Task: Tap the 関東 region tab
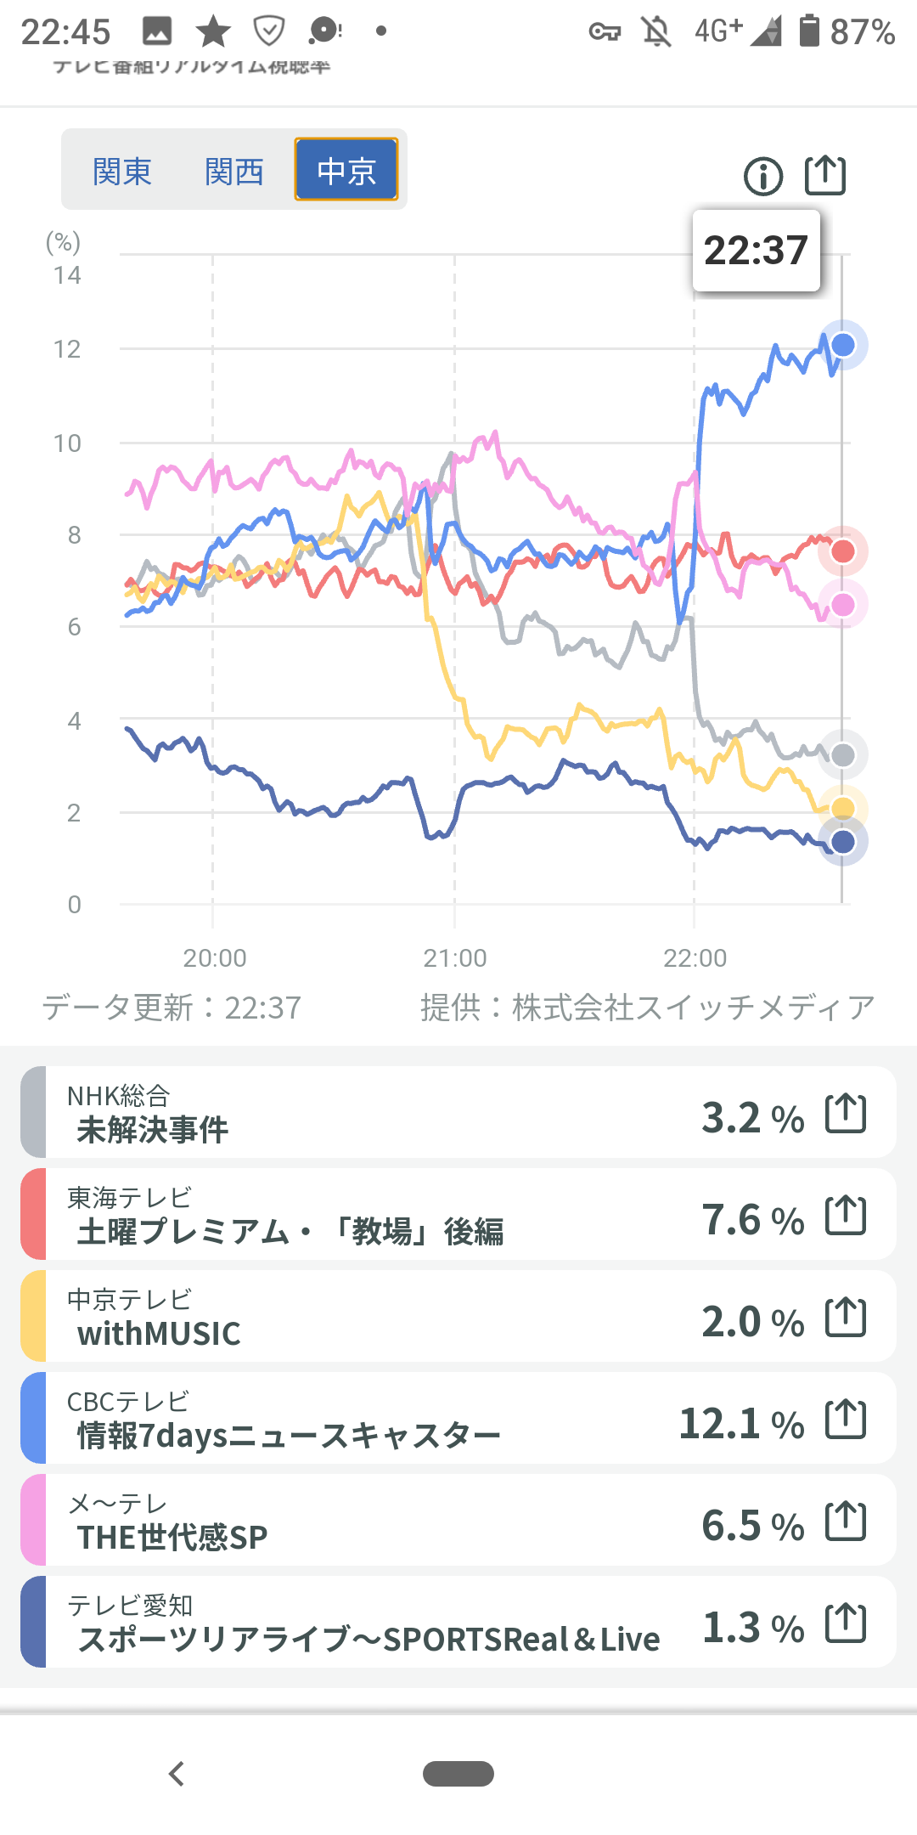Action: [x=121, y=171]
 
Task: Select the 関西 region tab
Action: [x=233, y=171]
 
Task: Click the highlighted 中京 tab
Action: [x=346, y=170]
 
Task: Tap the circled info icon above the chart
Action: [x=763, y=177]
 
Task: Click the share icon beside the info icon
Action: [x=825, y=175]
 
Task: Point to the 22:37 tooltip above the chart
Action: [x=756, y=251]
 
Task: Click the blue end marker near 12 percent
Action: [x=843, y=345]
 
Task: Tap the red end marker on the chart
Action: [x=843, y=551]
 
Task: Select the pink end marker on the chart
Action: [x=843, y=605]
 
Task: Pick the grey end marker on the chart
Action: [x=843, y=754]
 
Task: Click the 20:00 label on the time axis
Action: [x=215, y=958]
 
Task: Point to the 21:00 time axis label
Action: [x=455, y=958]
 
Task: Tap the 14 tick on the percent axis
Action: [x=67, y=275]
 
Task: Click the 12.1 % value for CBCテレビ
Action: [x=741, y=1423]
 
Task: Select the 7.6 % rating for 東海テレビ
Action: [x=752, y=1219]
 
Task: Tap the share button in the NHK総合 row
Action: [x=846, y=1113]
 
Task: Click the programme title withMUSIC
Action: [x=159, y=1334]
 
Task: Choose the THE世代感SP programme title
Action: [x=172, y=1538]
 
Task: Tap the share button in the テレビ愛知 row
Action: [x=846, y=1623]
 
